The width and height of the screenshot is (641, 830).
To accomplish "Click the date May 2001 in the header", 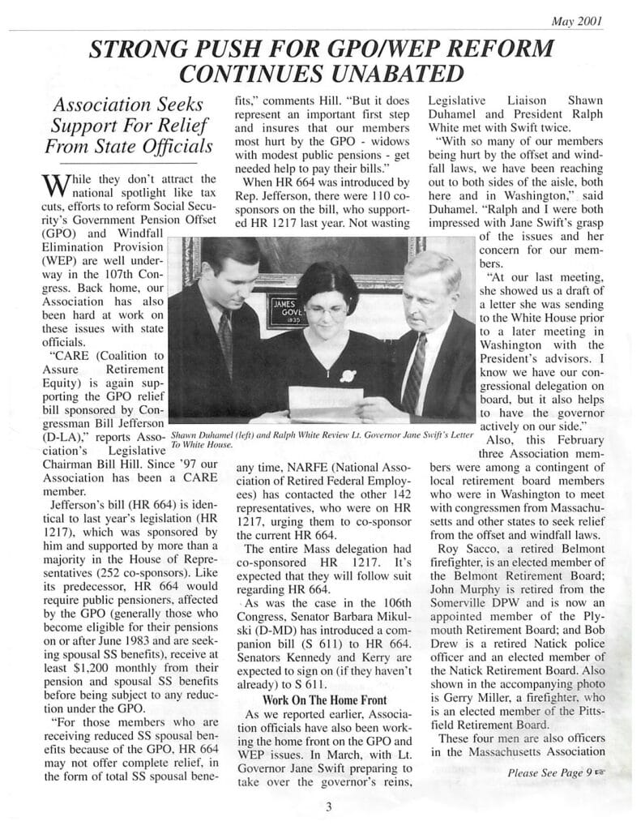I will point(576,22).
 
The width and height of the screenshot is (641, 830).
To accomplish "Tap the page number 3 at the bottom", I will point(328,806).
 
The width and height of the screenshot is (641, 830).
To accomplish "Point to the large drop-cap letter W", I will point(51,188).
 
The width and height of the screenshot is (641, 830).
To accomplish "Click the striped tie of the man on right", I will point(413,373).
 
